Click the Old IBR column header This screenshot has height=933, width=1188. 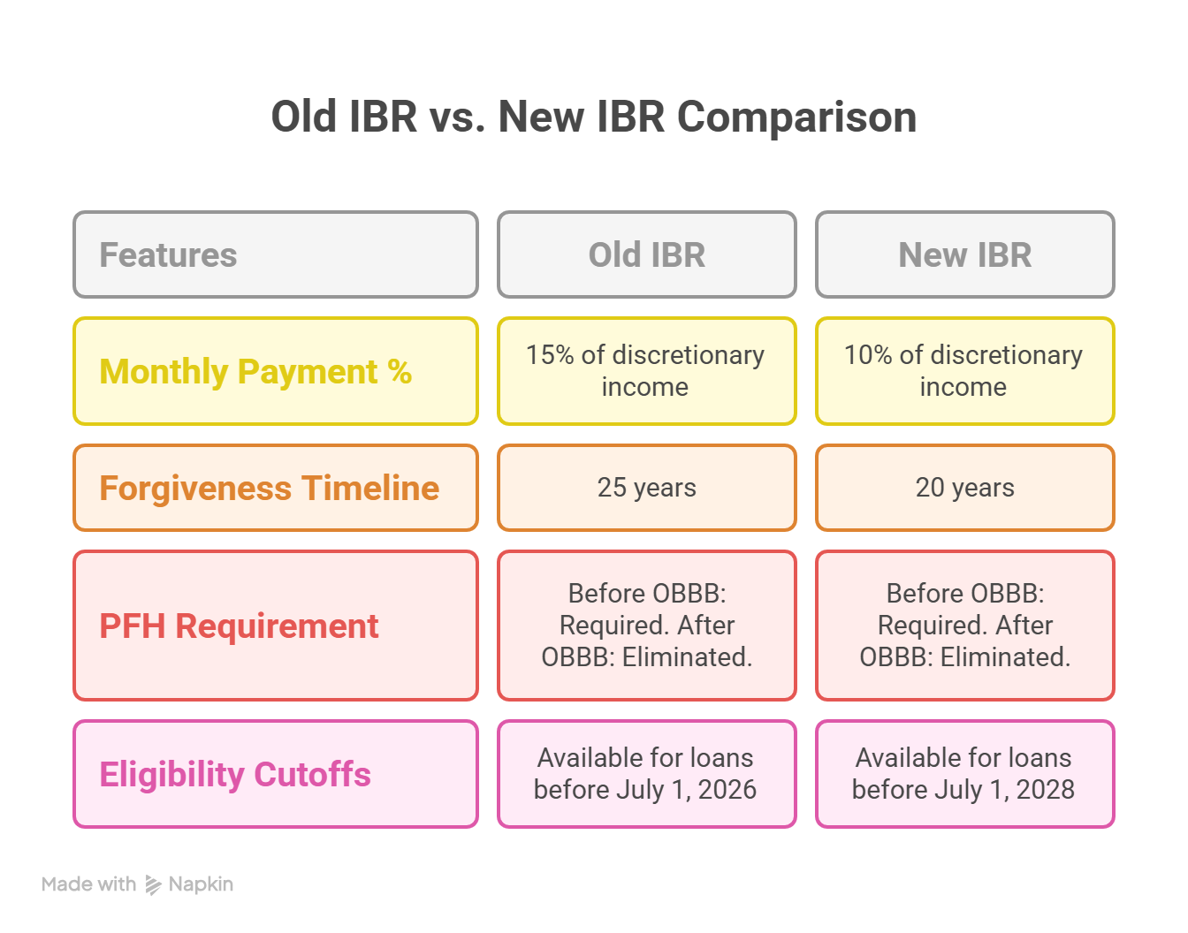646,254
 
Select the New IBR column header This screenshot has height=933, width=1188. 964,254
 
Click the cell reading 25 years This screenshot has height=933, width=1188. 646,488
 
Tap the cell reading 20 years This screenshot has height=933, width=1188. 964,488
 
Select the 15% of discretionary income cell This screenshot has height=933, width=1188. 645,371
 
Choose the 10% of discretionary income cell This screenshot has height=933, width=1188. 963,371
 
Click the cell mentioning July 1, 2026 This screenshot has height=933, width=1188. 645,774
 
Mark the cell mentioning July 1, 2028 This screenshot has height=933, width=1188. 963,774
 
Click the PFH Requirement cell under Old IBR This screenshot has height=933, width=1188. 646,626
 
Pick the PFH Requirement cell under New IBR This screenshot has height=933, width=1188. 964,626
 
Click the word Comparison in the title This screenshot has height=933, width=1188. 796,118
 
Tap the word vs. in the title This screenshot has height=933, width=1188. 457,118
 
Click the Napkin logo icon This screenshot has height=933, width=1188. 153,884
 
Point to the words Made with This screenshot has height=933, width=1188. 88,884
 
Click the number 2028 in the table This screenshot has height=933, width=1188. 1045,790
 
